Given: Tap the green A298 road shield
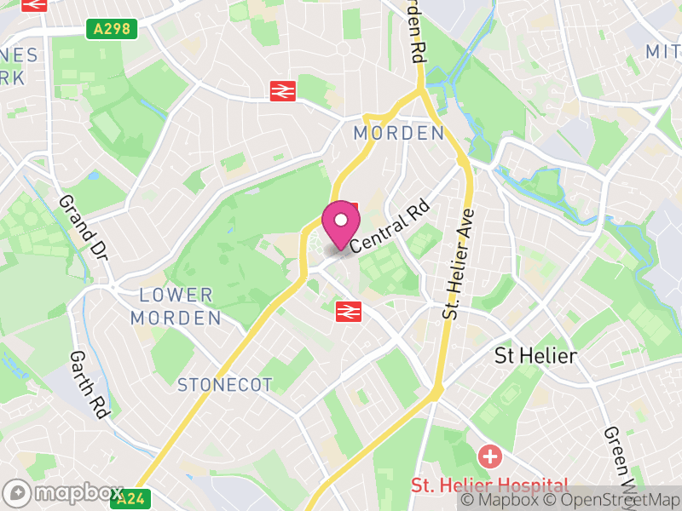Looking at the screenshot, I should pos(112,29).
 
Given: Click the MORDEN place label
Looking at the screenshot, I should pos(399,133).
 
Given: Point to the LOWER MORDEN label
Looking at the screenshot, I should pos(176,307).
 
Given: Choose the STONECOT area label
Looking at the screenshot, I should pos(224,385).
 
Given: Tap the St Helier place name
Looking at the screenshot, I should pos(535,356).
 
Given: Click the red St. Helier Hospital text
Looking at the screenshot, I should pos(489,485).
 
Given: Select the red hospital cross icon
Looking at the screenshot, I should pos(490,456).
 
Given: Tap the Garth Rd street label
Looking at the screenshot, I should pos(90,384).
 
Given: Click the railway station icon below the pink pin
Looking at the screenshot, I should pos(348,312).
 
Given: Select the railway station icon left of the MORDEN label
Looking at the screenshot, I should pos(282,90).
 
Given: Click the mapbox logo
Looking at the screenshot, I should pos(64,493).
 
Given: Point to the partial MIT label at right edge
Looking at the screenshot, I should pos(663,52).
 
